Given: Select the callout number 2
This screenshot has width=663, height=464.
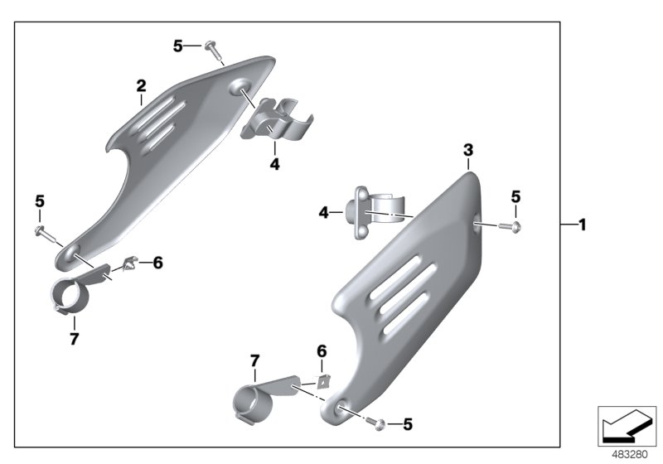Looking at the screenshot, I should pos(141,85).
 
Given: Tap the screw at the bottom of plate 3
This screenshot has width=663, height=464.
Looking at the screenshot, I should pos(377,423).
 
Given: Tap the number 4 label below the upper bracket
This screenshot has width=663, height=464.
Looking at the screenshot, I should pos(274,164).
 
